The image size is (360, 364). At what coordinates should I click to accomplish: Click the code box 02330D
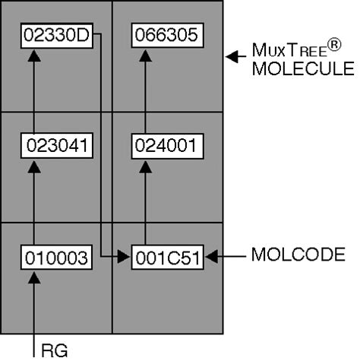57,34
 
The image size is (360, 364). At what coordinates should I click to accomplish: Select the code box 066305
166,34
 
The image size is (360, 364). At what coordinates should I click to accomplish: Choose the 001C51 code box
166,257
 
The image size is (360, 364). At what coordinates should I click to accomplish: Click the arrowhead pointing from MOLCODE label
211,257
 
